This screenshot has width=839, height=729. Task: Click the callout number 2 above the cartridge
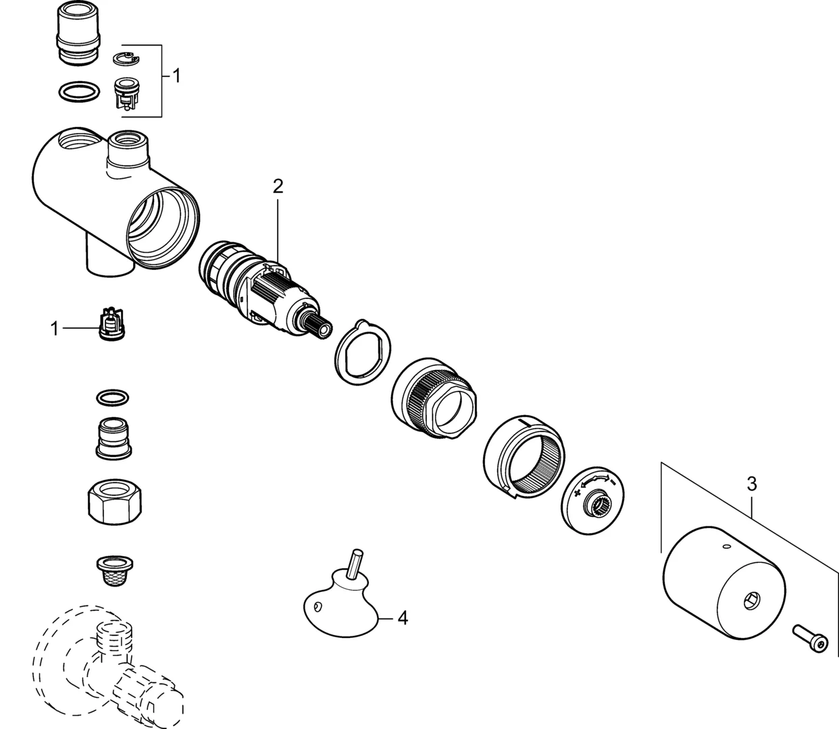(278, 186)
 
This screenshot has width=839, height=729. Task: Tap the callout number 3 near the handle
(751, 485)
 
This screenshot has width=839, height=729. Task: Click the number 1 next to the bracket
(176, 76)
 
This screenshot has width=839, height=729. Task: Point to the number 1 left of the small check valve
(54, 329)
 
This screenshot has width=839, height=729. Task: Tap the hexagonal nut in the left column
(115, 503)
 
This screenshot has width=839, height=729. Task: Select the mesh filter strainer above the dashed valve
(114, 571)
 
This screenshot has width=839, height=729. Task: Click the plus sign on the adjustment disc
(578, 493)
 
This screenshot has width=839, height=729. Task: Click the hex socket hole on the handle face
(751, 601)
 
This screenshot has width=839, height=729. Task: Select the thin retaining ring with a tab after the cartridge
(362, 352)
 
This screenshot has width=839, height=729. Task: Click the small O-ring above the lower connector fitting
(112, 398)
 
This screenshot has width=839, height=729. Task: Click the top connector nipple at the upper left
(78, 33)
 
